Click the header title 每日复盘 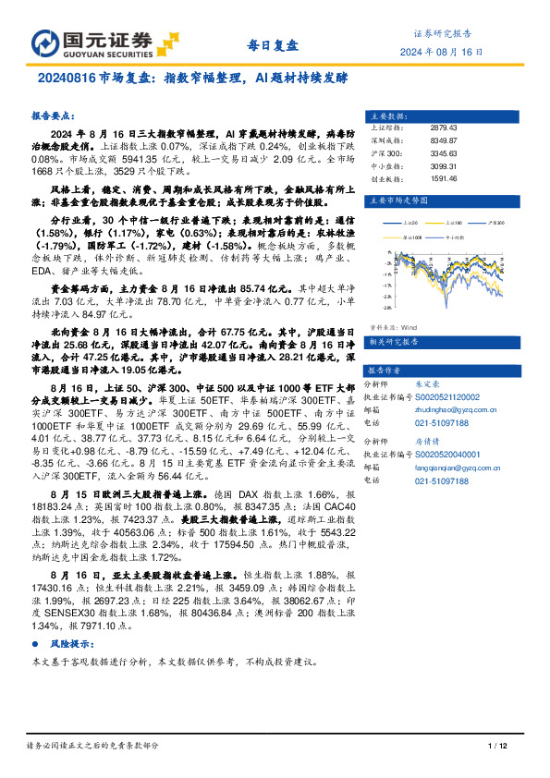coord(274,45)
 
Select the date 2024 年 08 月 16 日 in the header coord(441,52)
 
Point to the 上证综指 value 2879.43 coord(444,128)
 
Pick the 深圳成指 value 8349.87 coord(444,140)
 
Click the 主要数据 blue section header coord(389,116)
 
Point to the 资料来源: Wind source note coord(393,326)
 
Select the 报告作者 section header coord(389,367)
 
